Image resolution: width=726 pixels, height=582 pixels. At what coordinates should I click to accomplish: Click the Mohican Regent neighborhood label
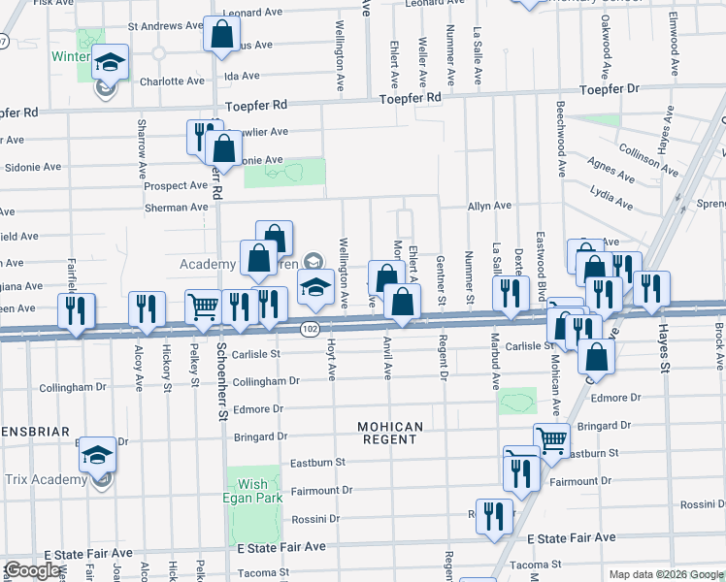point(390,433)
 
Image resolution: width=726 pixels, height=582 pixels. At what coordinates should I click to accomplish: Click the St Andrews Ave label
point(162,26)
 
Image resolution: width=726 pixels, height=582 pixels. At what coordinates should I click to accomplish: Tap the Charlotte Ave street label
point(171,81)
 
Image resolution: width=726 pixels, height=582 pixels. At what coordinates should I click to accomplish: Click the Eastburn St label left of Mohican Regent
point(314,464)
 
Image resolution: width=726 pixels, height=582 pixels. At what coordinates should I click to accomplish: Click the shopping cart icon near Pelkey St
point(204,307)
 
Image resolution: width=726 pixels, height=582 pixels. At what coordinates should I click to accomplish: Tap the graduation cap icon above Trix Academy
point(98,454)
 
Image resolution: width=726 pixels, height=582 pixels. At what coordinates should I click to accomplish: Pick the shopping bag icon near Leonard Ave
point(222,34)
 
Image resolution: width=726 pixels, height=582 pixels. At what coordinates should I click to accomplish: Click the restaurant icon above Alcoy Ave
point(147,308)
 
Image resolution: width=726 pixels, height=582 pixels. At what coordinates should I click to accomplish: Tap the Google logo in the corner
point(33,570)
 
